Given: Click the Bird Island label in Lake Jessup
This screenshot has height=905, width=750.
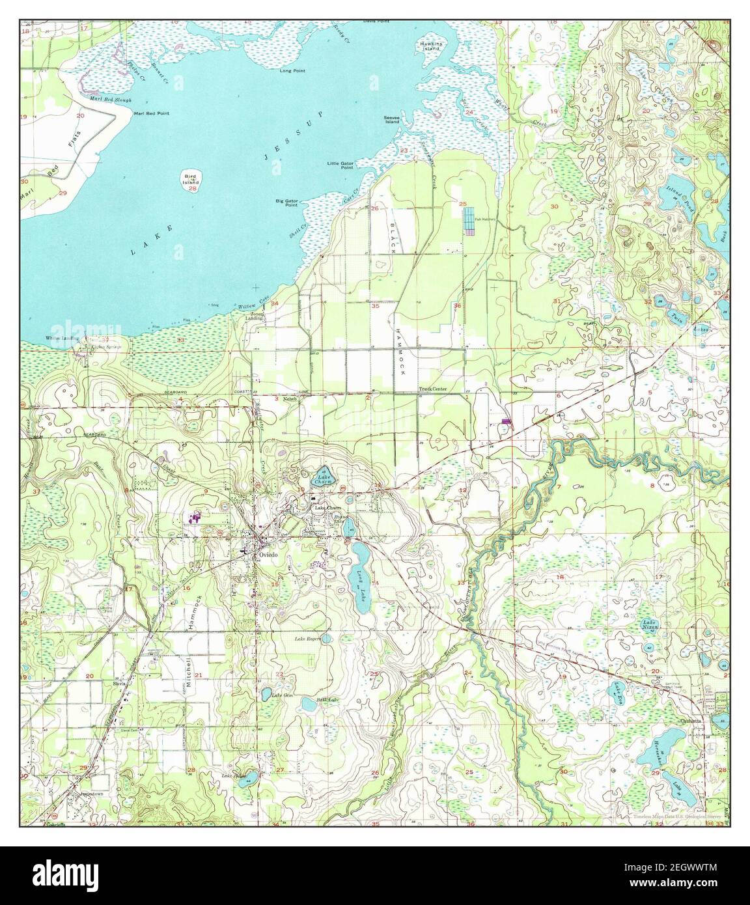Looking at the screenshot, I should coord(191,179).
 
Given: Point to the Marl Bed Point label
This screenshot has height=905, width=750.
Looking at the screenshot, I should coord(151,113).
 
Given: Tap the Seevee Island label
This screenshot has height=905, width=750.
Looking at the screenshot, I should coord(391,119).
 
